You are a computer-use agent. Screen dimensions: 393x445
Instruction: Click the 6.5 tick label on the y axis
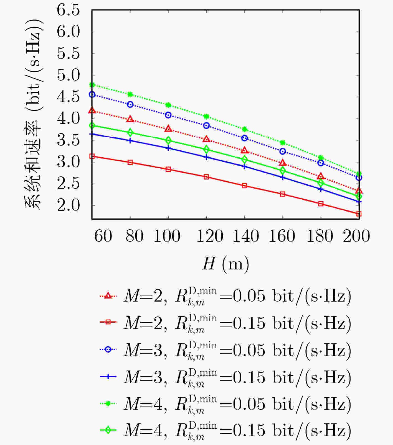pyautogui.click(x=68, y=10)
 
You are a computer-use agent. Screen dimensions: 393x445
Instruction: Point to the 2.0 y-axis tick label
pyautogui.click(x=68, y=205)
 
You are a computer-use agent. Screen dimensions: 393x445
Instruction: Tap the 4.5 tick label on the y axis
pyautogui.click(x=68, y=97)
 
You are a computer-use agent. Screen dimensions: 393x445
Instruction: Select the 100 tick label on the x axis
pyautogui.click(x=167, y=236)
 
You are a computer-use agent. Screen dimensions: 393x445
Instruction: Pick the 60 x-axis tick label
pyautogui.click(x=103, y=236)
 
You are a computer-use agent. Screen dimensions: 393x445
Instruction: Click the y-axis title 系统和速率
pyautogui.click(x=32, y=164)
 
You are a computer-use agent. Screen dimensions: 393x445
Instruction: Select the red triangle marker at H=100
pyautogui.click(x=168, y=129)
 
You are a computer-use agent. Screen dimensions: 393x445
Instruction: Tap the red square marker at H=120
pyautogui.click(x=206, y=177)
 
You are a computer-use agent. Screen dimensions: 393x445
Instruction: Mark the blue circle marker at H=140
pyautogui.click(x=244, y=138)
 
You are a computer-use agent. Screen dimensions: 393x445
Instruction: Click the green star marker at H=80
pyautogui.click(x=130, y=94)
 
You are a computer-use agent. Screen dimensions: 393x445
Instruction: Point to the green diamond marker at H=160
pyautogui.click(x=283, y=171)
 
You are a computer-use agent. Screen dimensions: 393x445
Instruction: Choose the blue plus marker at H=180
pyautogui.click(x=321, y=189)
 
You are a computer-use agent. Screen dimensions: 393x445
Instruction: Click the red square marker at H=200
pyautogui.click(x=359, y=214)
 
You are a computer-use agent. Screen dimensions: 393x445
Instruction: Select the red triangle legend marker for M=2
pyautogui.click(x=108, y=296)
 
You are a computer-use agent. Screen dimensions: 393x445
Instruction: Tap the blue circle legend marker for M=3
pyautogui.click(x=108, y=349)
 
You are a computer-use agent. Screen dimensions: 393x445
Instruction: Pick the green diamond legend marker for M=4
pyautogui.click(x=108, y=430)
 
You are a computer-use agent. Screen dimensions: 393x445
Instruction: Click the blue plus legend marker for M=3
pyautogui.click(x=108, y=376)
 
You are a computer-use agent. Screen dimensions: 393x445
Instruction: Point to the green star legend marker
pyautogui.click(x=108, y=403)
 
